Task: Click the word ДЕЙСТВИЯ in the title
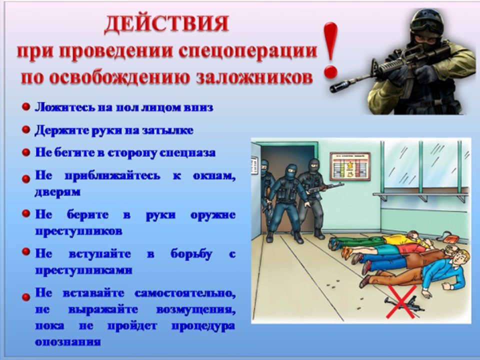(x=167, y=24)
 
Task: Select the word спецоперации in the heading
(x=247, y=51)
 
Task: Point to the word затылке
(x=167, y=130)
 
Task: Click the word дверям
(x=57, y=192)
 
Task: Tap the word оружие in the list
(x=213, y=215)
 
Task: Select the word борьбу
(x=191, y=254)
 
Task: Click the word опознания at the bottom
(x=67, y=341)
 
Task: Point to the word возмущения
(x=196, y=310)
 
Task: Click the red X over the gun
(x=402, y=302)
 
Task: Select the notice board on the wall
(x=350, y=166)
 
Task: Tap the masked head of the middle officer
(x=291, y=171)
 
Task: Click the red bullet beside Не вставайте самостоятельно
(x=26, y=296)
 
